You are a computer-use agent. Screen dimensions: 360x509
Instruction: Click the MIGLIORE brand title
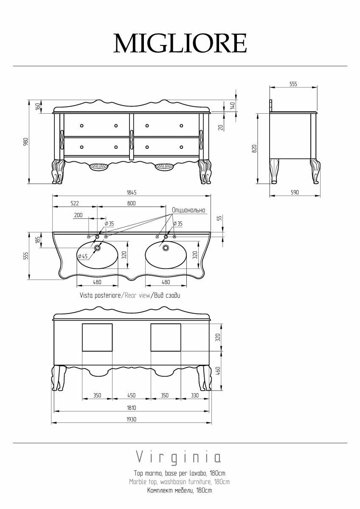[x=180, y=43]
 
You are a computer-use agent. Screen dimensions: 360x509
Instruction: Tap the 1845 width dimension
[x=132, y=193]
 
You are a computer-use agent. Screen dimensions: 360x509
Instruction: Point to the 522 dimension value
[x=75, y=203]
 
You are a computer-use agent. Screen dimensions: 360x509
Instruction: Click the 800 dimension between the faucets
[x=132, y=203]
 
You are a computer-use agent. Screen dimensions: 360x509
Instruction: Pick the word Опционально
[x=188, y=210]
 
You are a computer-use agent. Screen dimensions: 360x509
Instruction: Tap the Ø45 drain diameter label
[x=82, y=256]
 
